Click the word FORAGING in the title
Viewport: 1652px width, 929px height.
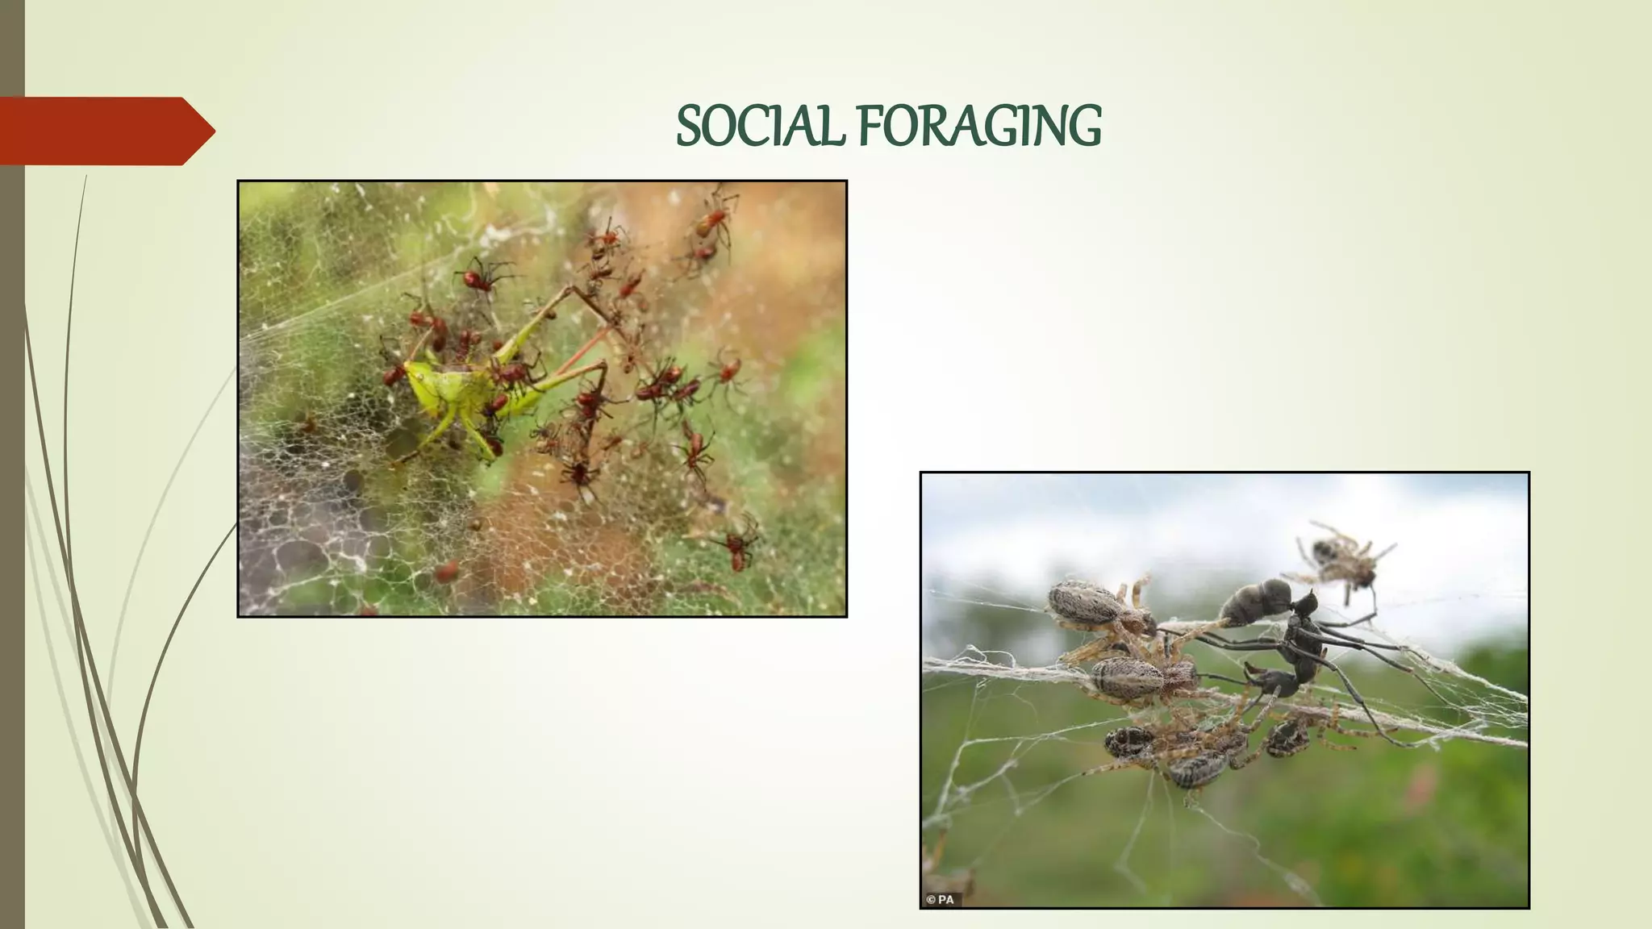[978, 127]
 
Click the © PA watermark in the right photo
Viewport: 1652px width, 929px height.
[940, 899]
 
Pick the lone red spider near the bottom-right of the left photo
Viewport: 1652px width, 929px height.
[736, 547]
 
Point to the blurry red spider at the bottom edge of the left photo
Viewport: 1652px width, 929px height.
[446, 573]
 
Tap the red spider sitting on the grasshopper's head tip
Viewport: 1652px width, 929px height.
[394, 375]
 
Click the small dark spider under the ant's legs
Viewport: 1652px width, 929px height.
[1288, 734]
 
